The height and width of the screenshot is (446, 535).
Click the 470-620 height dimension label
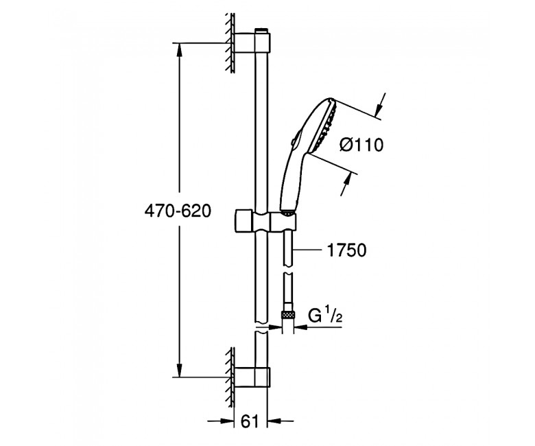coord(178,211)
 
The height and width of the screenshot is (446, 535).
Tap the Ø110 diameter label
coord(361,145)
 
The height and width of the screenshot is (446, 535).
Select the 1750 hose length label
coord(346,250)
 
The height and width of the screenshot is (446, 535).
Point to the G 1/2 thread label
coord(325,316)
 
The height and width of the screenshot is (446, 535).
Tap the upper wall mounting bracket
coord(252,43)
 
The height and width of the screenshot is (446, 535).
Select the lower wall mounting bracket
coord(252,377)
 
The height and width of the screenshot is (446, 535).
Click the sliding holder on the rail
coord(265,220)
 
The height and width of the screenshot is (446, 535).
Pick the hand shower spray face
coord(328,126)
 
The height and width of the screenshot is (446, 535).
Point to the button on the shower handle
coord(296,139)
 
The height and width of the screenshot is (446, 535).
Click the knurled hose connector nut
coord(289,314)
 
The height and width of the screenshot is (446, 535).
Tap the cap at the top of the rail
coord(262,30)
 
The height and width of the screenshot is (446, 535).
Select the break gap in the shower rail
coord(261,327)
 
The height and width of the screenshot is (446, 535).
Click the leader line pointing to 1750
coord(308,250)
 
